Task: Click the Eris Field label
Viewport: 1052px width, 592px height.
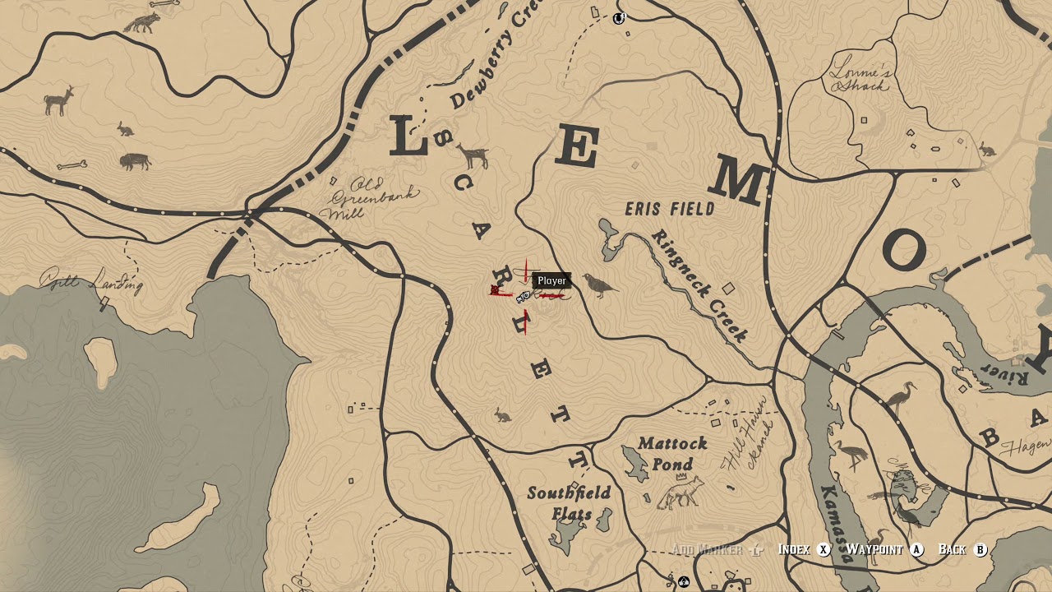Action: coord(670,209)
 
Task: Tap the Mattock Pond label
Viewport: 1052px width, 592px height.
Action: coord(672,453)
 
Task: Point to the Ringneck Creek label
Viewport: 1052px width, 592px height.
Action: coord(699,284)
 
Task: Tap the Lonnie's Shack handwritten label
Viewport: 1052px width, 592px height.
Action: coord(860,74)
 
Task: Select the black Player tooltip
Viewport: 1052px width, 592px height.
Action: coord(551,280)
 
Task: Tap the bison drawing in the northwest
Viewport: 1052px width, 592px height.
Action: coord(135,161)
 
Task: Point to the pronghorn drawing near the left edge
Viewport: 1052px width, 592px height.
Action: coord(59,101)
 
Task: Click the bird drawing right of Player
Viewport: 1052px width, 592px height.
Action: coord(601,285)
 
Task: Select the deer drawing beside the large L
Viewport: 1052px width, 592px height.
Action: coord(473,155)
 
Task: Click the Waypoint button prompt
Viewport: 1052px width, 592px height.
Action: coord(884,549)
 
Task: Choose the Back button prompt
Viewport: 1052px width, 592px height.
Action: coord(962,549)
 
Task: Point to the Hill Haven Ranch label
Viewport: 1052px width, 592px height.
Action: coord(748,444)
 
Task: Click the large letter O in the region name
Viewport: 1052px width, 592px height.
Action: coord(904,250)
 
